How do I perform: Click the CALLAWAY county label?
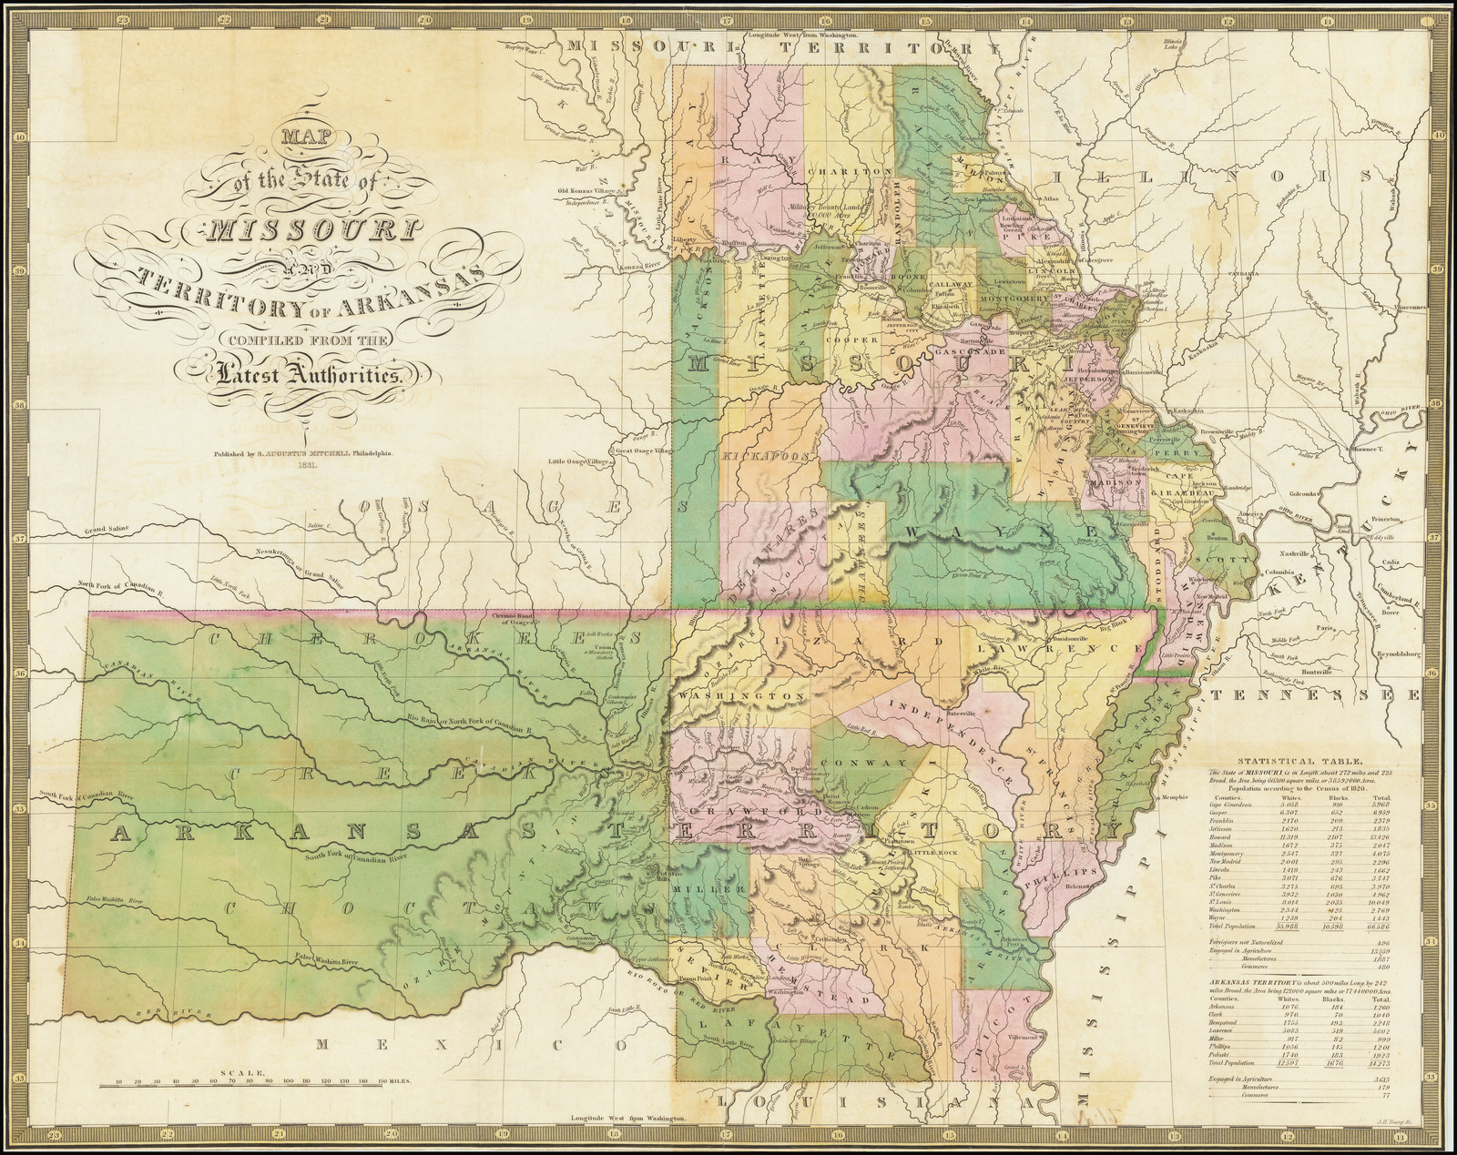coord(953,285)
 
